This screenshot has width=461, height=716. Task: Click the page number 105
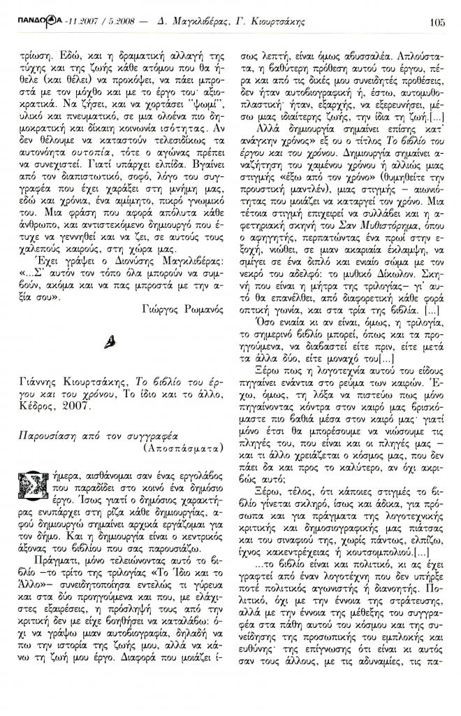point(438,21)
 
